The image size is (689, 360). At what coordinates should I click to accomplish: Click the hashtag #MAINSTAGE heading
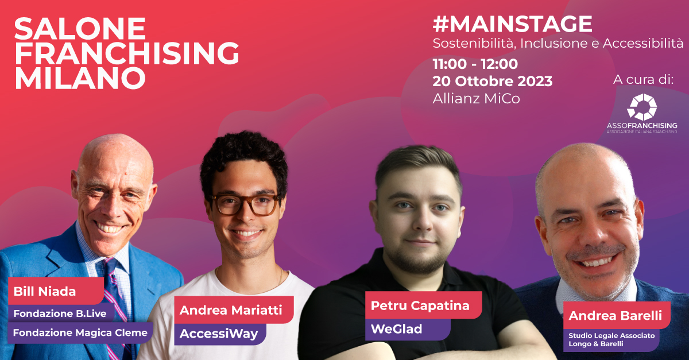[x=512, y=24]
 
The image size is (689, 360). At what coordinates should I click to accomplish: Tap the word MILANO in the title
[x=80, y=78]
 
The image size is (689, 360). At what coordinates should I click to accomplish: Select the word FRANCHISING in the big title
[x=126, y=53]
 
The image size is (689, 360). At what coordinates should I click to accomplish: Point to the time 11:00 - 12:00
[x=475, y=64]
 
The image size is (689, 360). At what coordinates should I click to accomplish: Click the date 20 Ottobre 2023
[x=493, y=81]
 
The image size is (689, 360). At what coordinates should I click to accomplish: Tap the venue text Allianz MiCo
[x=476, y=98]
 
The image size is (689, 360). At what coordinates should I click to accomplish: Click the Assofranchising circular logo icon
[x=642, y=107]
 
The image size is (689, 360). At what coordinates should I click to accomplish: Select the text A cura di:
[x=644, y=79]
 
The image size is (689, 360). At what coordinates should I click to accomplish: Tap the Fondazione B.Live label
[x=61, y=313]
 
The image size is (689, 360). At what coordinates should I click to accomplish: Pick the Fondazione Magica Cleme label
[x=80, y=332]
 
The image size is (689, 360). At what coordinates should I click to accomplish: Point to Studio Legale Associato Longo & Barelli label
[x=611, y=340]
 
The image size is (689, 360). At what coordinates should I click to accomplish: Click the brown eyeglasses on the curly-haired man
[x=245, y=204]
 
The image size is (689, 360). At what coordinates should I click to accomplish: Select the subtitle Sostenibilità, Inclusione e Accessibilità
[x=558, y=44]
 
